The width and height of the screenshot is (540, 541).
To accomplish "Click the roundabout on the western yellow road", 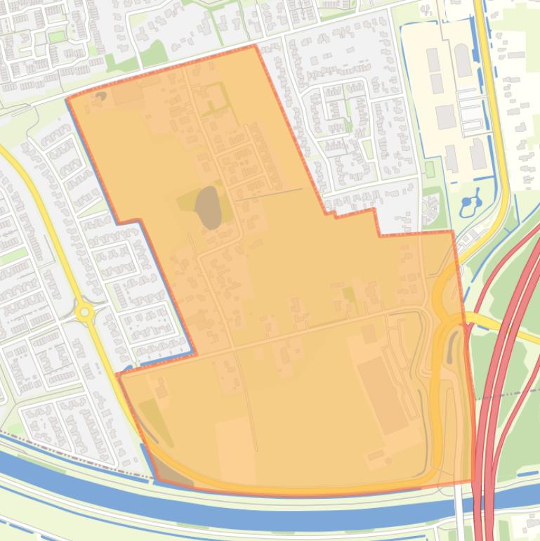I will (x=85, y=311).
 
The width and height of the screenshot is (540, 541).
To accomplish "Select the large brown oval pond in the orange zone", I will (x=209, y=208).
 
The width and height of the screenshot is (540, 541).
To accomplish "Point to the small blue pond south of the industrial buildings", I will (x=468, y=204).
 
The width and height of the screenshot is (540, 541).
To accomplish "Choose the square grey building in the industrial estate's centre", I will (x=445, y=117).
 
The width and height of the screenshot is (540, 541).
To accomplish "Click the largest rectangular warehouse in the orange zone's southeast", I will (x=383, y=396).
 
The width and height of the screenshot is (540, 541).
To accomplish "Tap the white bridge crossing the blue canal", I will (x=459, y=502).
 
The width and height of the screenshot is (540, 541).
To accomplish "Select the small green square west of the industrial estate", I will (x=430, y=169).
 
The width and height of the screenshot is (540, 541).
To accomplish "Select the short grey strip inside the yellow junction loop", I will (x=450, y=344).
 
